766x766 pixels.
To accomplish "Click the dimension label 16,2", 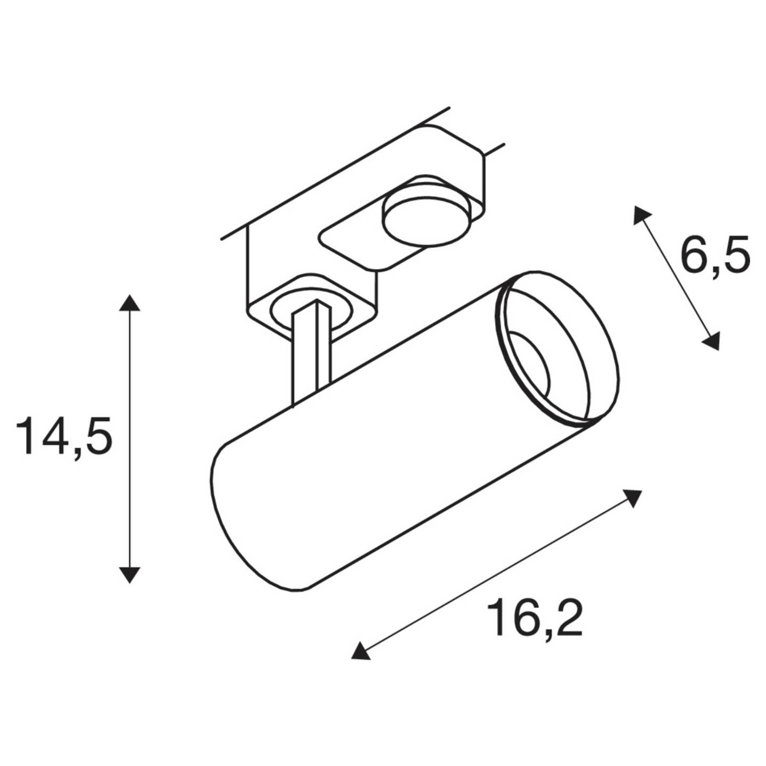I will pyautogui.click(x=535, y=618).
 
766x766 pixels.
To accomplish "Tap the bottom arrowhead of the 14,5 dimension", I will pyautogui.click(x=129, y=574).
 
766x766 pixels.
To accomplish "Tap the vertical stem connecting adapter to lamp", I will pyautogui.click(x=311, y=354).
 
